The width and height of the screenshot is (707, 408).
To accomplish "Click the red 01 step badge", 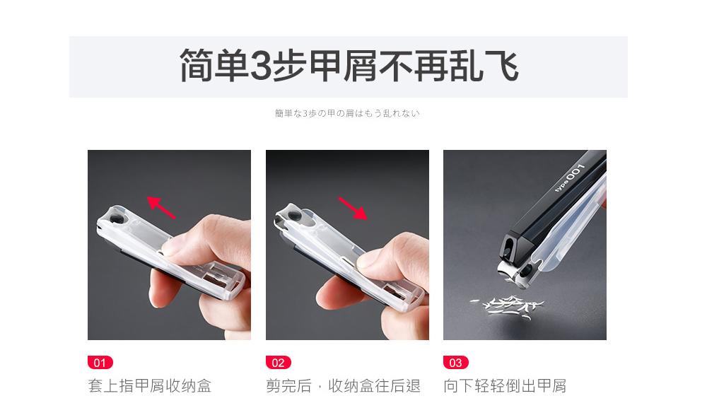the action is (100, 363).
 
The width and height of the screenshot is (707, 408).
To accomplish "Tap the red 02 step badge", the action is (278, 363).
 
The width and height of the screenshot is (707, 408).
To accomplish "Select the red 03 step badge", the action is (456, 363).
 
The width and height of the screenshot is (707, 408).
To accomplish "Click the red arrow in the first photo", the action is (161, 207).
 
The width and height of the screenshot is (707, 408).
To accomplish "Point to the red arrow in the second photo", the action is (353, 209).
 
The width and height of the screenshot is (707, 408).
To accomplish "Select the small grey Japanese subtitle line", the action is (347, 113).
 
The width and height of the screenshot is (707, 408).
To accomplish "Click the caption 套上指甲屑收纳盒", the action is (150, 386).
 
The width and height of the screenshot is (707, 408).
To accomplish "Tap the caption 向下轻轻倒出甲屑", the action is (505, 386).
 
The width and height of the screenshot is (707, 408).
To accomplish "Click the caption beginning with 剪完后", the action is (343, 386).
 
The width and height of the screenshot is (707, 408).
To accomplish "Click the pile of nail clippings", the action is (507, 307).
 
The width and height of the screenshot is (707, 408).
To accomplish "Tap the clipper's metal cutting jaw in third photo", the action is (512, 273).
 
